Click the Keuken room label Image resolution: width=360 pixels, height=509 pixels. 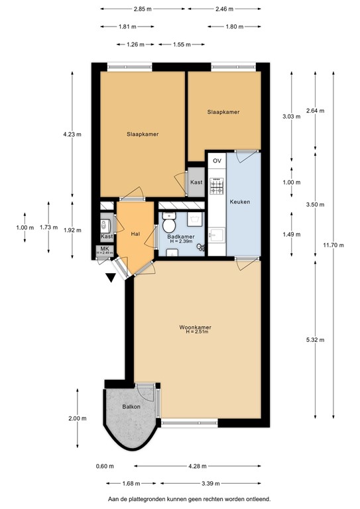tap(239, 201)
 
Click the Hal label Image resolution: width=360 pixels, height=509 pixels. tap(135, 233)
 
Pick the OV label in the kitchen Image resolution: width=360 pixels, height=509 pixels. tap(217, 161)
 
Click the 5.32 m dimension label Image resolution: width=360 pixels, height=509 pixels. tap(316, 340)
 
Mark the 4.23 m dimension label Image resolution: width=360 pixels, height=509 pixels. tap(72, 134)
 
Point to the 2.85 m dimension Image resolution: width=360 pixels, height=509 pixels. tap(143, 9)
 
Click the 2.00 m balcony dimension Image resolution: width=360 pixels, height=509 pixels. tap(77, 418)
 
